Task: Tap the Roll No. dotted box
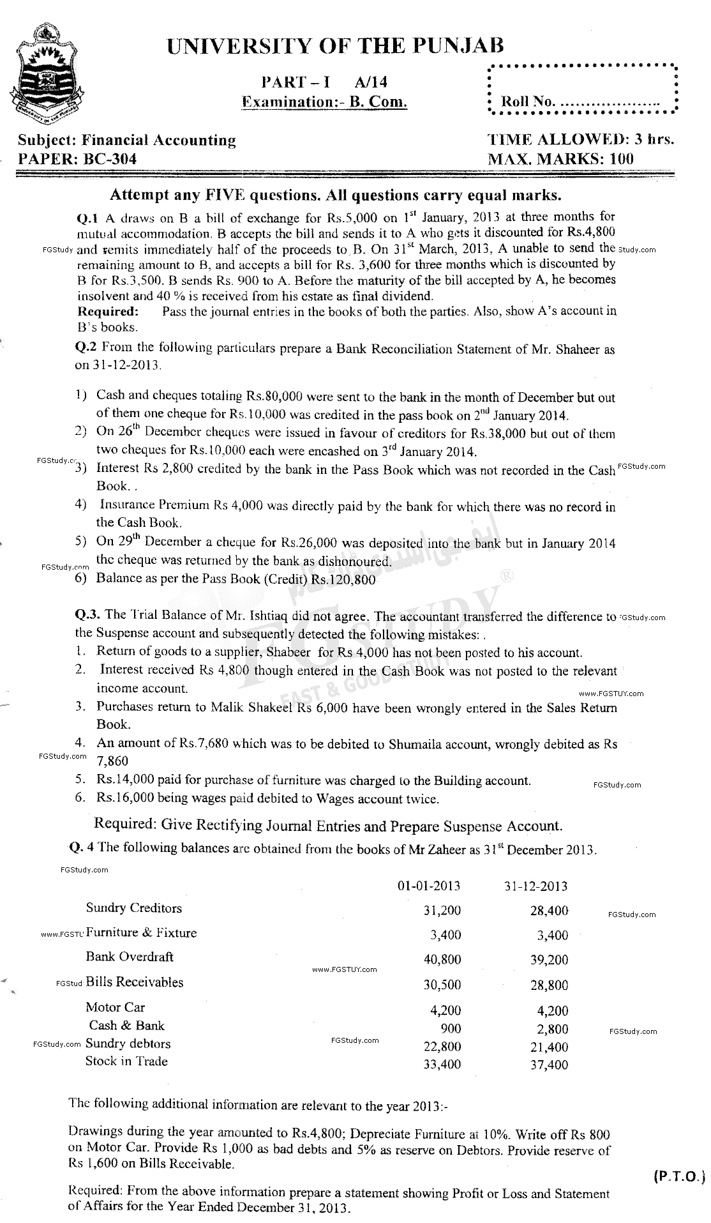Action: [x=581, y=90]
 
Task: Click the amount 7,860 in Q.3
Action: [x=112, y=761]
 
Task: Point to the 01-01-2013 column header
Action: [x=429, y=886]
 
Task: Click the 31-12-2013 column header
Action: [x=535, y=886]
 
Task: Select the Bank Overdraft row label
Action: [x=130, y=957]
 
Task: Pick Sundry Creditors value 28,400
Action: [x=549, y=910]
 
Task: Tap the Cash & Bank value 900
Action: [x=451, y=1029]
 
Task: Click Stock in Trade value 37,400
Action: [x=549, y=1064]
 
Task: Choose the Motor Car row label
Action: [x=116, y=1007]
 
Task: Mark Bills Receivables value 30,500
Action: [x=442, y=984]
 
